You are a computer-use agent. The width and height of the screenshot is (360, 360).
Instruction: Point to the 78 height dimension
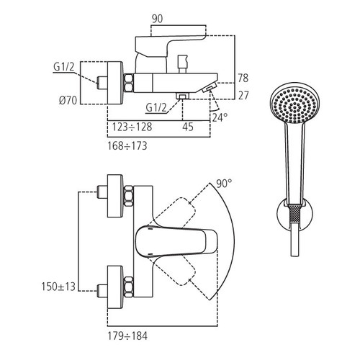(x=243, y=77)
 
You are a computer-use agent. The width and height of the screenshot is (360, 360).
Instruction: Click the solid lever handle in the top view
(x=173, y=240)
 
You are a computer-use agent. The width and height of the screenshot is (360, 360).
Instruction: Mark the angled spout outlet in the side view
(x=210, y=89)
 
